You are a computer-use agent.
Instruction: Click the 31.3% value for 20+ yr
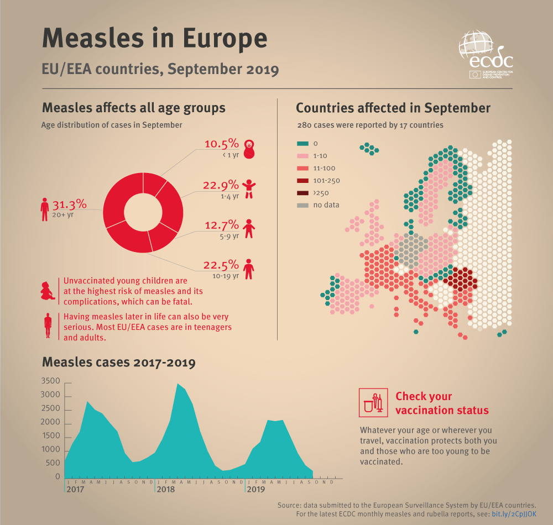click(69, 204)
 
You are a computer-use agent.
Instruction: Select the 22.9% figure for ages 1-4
click(221, 185)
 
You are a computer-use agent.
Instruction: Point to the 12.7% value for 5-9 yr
click(221, 224)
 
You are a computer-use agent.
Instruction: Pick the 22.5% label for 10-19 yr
click(221, 264)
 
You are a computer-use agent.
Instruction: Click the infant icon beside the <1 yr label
click(250, 148)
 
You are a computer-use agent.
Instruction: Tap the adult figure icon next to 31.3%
click(45, 209)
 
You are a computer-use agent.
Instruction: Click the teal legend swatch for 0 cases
click(302, 143)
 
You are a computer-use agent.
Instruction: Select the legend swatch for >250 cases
click(302, 192)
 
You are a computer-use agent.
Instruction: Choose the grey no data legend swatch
click(302, 205)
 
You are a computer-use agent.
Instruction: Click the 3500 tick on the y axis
click(50, 381)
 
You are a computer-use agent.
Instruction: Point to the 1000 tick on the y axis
click(50, 450)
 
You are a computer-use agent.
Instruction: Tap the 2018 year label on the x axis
click(166, 490)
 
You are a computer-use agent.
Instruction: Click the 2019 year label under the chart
click(255, 490)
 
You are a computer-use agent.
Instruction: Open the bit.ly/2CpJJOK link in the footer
click(514, 514)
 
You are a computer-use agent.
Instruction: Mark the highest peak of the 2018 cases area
click(178, 384)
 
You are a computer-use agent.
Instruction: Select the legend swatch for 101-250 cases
click(302, 180)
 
